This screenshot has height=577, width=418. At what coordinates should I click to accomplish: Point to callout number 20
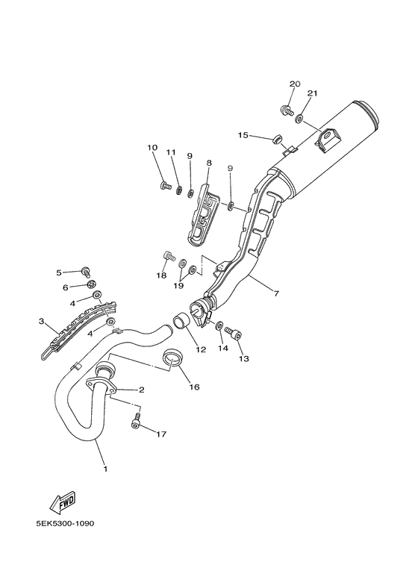tap(294, 84)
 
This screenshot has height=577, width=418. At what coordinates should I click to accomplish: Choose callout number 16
tap(194, 387)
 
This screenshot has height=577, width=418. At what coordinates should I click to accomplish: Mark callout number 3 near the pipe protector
tap(43, 322)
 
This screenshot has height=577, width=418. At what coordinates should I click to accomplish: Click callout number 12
tap(200, 349)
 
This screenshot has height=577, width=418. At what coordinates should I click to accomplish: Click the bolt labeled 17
tap(136, 422)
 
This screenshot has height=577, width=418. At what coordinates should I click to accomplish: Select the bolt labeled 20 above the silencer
tap(285, 111)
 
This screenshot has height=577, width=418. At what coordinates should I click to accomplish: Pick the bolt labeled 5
tap(86, 271)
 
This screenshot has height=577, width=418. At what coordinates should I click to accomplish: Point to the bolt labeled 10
tap(165, 186)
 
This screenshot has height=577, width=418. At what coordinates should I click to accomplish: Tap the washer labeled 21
tap(299, 118)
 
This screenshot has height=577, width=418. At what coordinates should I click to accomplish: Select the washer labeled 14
tap(219, 327)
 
